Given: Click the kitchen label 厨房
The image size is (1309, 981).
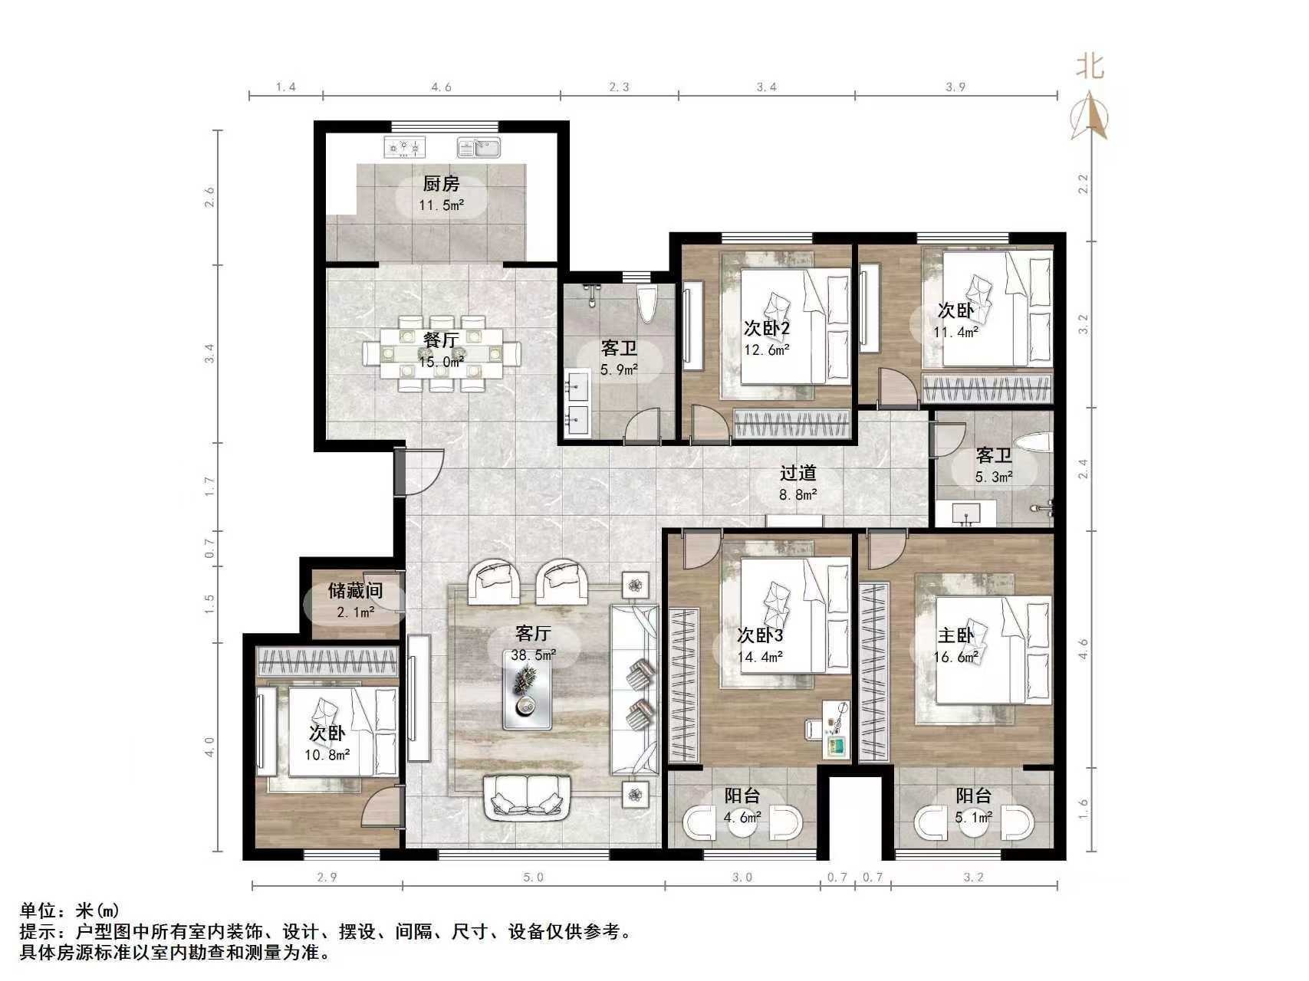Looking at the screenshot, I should coord(441,184).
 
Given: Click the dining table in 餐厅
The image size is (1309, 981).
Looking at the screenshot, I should coord(442,353).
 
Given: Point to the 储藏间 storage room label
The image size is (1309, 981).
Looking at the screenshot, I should coord(355,590).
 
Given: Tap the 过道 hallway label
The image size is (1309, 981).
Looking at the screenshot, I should coord(798,474).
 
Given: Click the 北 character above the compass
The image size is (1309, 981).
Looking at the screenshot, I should coord(1090,67).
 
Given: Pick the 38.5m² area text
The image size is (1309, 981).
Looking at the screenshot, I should coord(534,655).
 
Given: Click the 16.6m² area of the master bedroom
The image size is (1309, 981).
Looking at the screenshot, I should coord(955,657).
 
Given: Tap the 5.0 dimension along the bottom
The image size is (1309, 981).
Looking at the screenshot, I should coord(534,878).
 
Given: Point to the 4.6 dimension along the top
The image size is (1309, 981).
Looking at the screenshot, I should coord(441,87).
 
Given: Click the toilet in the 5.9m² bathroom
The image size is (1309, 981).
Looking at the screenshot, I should coord(646,303).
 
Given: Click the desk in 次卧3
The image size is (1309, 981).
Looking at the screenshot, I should coord(835,729).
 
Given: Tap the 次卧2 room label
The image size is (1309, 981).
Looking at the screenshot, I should coord(766,328).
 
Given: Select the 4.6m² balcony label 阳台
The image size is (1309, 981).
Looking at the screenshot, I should coord(742,796).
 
